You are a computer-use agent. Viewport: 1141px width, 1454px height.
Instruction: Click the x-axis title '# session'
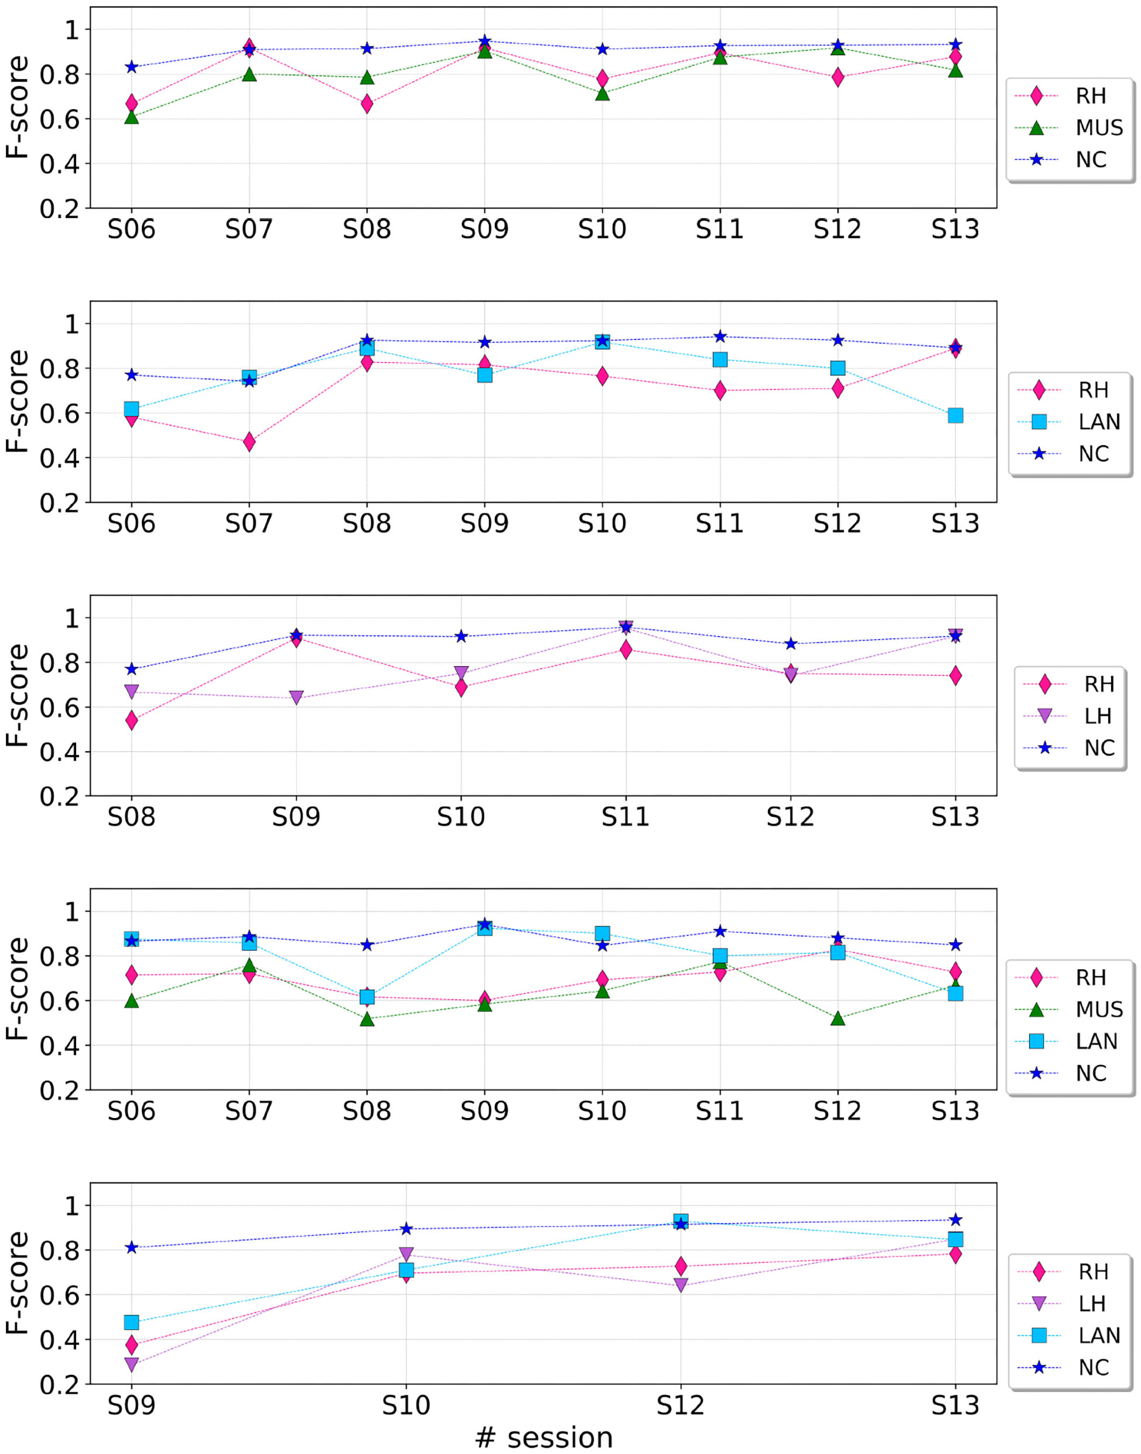[x=544, y=1436]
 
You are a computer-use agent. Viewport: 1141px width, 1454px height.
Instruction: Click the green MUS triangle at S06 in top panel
[x=132, y=117]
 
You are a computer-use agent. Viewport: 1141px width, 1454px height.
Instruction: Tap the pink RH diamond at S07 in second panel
[x=249, y=442]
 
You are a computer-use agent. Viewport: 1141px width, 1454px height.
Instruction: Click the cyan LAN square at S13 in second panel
[x=955, y=415]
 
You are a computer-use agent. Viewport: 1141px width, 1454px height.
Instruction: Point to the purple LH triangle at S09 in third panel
[x=296, y=698]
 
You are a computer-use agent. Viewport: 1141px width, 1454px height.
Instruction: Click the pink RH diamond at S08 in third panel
[x=132, y=720]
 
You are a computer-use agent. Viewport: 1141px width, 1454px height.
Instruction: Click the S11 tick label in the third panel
[x=626, y=817]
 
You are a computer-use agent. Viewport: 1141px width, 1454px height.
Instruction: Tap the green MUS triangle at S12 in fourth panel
[x=838, y=1019]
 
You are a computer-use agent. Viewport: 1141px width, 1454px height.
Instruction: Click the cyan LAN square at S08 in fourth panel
[x=367, y=997]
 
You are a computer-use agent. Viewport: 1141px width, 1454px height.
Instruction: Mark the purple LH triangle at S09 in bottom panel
[x=132, y=1364]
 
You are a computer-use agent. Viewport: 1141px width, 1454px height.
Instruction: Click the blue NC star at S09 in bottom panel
[x=132, y=1248]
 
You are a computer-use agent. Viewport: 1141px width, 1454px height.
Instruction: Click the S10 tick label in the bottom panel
[x=406, y=1405]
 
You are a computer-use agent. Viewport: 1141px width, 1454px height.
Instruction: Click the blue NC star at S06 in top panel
[x=132, y=67]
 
